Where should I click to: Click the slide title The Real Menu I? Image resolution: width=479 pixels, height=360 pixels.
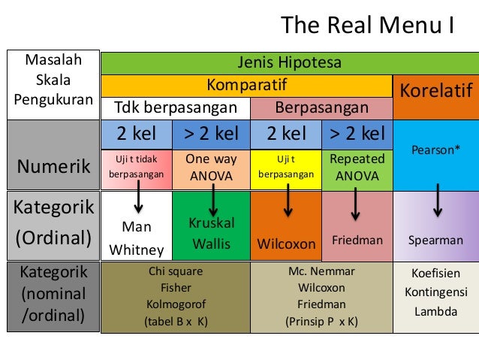[x=367, y=26]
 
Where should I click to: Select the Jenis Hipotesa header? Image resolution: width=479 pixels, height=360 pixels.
[x=289, y=62]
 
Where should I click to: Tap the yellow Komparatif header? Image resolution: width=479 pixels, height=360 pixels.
[x=247, y=83]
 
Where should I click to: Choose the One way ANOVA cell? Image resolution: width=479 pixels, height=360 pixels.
[x=211, y=168]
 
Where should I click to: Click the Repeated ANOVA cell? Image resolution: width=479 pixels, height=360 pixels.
[x=357, y=168]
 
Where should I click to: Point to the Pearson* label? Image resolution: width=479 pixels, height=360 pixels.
[x=436, y=150]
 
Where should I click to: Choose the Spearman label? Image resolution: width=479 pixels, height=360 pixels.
[x=435, y=241]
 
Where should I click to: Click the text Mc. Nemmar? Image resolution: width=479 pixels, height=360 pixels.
[x=322, y=271]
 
